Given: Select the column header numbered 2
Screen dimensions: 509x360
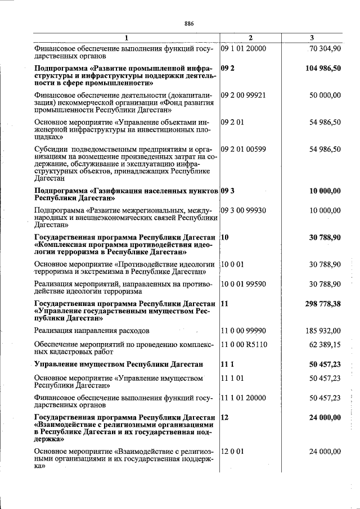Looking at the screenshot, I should pyautogui.click(x=250, y=38).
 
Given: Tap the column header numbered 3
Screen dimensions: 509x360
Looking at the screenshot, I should pyautogui.click(x=312, y=38).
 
